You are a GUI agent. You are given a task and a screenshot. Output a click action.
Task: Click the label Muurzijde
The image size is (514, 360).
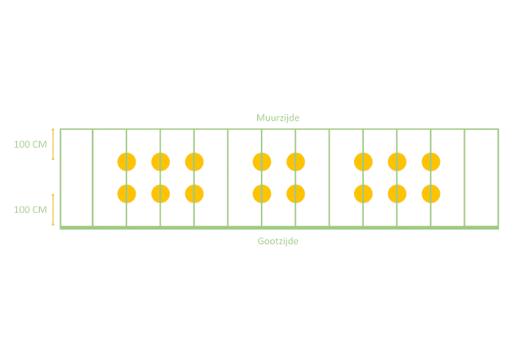[278, 118]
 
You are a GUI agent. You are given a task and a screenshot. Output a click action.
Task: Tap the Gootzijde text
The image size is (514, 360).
[278, 241]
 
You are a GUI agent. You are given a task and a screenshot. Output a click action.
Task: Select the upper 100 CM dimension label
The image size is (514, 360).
[30, 144]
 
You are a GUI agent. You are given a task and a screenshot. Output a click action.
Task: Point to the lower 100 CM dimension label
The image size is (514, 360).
[30, 210]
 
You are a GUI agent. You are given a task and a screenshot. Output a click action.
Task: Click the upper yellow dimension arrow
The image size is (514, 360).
[53, 144]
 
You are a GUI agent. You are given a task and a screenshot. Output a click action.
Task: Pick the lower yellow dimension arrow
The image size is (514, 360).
[53, 210]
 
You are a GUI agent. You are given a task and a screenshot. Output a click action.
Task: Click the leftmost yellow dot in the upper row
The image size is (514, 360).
[126, 162]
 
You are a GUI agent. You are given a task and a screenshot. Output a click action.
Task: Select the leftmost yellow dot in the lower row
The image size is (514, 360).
[126, 193]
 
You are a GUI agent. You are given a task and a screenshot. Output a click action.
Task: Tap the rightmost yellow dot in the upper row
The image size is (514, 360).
[431, 162]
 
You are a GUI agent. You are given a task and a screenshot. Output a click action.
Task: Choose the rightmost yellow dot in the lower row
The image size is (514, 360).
[431, 193]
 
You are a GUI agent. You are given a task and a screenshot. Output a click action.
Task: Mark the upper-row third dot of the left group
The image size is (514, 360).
[194, 162]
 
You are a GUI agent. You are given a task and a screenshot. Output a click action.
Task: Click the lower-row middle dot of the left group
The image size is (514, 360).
[161, 193]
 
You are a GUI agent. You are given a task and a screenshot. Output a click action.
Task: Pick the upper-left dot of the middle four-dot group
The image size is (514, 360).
[262, 162]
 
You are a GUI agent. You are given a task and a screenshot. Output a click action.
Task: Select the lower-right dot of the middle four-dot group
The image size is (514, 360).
[295, 193]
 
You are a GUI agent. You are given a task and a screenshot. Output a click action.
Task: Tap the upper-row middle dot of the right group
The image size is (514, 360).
[397, 162]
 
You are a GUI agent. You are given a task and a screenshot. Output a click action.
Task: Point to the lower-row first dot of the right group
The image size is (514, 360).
[363, 193]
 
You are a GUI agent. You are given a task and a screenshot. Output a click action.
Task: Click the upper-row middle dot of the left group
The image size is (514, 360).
[161, 162]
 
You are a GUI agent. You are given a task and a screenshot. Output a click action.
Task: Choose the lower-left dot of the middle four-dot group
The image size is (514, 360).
[262, 193]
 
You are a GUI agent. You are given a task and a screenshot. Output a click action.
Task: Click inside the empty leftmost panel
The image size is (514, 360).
[77, 177]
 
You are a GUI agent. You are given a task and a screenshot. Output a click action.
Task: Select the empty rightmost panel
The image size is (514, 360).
[481, 177]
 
